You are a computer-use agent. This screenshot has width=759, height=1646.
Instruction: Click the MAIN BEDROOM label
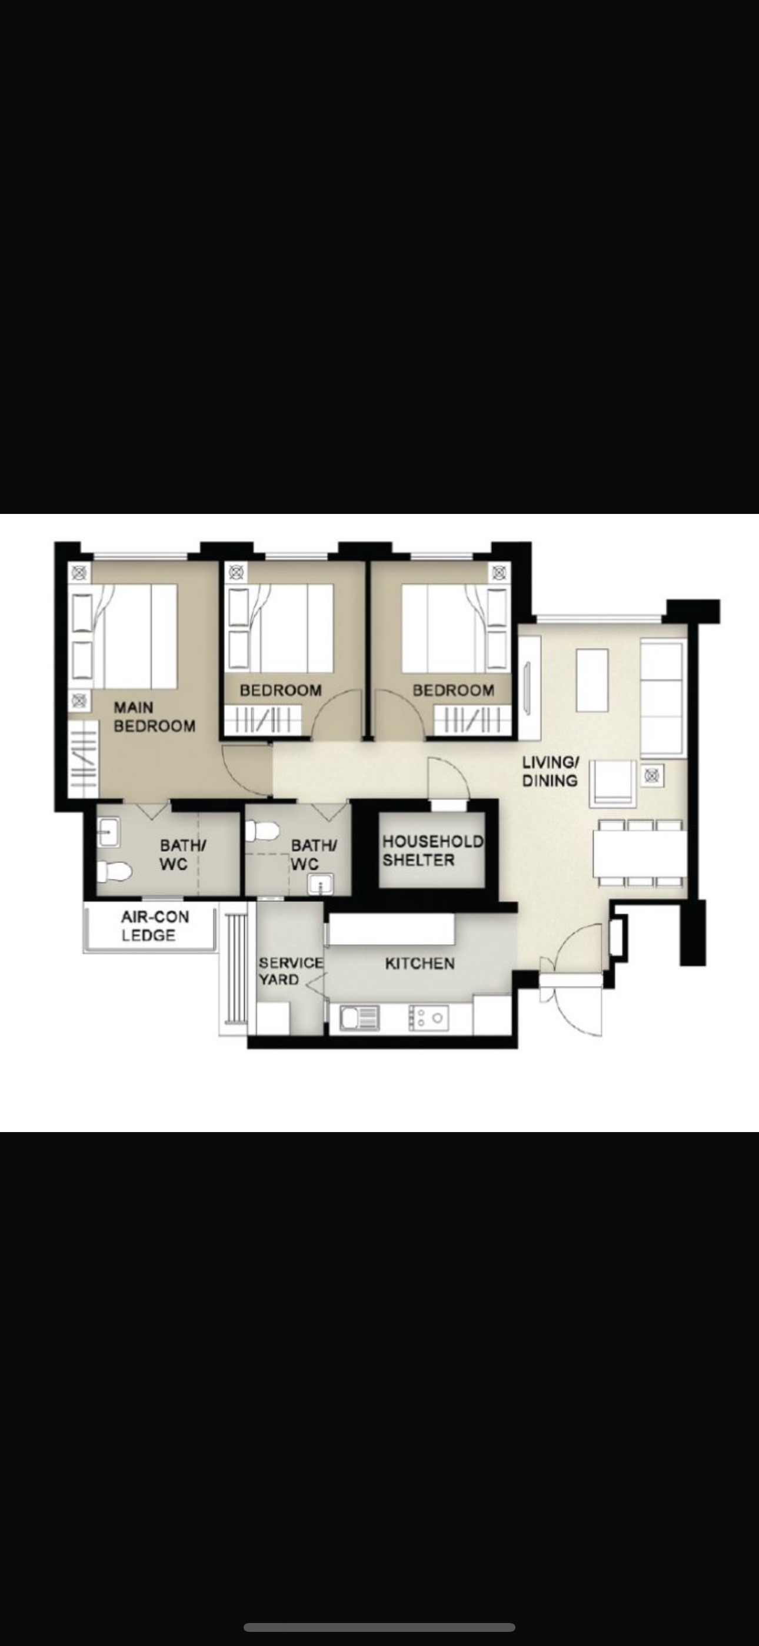coord(154,716)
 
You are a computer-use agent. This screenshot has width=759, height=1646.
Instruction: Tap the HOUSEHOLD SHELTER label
coord(432,851)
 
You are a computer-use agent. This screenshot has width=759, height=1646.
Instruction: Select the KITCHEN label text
coord(420,963)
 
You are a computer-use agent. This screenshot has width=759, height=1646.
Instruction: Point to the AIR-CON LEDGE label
coord(155,926)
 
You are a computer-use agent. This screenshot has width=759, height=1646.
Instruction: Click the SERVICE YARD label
coord(291,971)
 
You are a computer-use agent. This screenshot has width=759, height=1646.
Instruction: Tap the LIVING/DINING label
coord(550,771)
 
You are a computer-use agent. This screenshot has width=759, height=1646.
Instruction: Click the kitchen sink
coord(359,1017)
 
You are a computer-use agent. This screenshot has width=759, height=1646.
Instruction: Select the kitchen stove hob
coord(428,1017)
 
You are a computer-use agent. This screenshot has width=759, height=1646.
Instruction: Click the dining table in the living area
coord(640,853)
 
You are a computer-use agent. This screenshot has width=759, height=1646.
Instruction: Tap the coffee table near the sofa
coord(592,680)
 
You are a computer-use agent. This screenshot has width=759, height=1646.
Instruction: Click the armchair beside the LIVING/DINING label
coord(613,782)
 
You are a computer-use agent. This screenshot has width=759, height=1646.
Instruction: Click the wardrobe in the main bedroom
coord(83,758)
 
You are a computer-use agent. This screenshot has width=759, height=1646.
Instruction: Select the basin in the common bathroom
coord(320,884)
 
